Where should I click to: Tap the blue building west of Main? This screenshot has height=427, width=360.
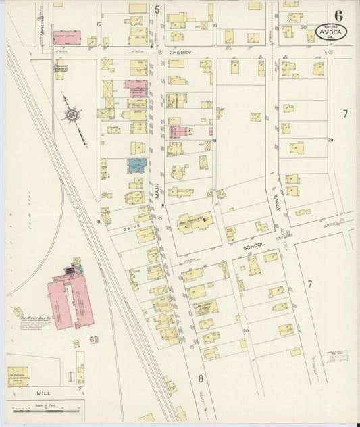(x=137, y=165)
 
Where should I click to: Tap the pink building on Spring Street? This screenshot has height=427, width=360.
(x=67, y=37)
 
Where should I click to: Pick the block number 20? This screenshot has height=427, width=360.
(x=246, y=330)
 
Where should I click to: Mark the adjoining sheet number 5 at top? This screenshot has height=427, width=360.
(x=157, y=9)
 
